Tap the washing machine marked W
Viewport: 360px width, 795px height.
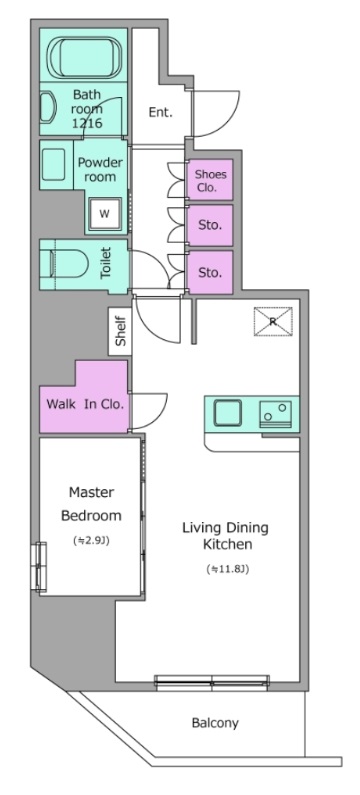click(104, 213)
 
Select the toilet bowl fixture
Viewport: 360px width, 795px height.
click(64, 266)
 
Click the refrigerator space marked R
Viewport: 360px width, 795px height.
click(273, 321)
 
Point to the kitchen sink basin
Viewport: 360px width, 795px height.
click(228, 413)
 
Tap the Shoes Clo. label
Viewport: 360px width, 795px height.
click(211, 180)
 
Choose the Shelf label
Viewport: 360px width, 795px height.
click(121, 332)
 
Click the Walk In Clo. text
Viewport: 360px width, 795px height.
click(85, 405)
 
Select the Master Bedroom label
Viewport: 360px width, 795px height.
click(91, 504)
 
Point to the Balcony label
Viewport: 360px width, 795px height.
click(215, 723)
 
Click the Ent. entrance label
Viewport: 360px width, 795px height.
click(160, 113)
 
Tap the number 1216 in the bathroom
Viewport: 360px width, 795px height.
click(87, 123)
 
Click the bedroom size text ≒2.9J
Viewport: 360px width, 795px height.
click(91, 540)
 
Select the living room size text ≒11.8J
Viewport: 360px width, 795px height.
click(228, 569)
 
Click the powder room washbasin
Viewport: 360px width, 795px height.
click(54, 164)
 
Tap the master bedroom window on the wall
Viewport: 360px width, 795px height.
click(38, 567)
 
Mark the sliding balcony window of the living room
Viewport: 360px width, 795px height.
click(211, 682)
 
